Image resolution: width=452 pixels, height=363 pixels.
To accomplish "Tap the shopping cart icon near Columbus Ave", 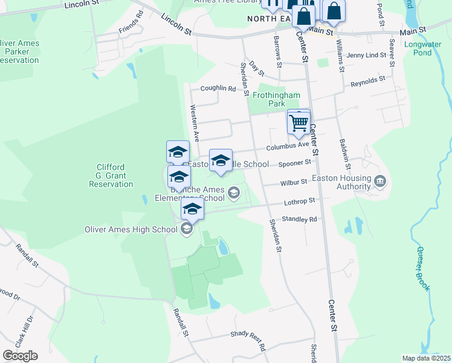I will (299, 122).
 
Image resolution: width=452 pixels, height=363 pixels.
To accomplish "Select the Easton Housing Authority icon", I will (381, 181).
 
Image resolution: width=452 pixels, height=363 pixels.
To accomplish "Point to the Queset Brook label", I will (422, 269).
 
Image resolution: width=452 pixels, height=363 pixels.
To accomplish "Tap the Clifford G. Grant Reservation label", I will (109, 175).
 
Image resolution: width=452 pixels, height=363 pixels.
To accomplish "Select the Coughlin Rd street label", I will (218, 88).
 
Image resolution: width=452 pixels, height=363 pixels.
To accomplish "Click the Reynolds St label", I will (368, 80).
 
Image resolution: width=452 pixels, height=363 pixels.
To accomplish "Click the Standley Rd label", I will (299, 219).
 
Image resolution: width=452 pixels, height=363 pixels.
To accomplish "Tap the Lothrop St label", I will (300, 200).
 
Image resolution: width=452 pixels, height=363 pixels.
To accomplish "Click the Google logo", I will (20, 356).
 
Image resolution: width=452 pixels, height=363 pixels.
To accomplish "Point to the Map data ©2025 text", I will (425, 358).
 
